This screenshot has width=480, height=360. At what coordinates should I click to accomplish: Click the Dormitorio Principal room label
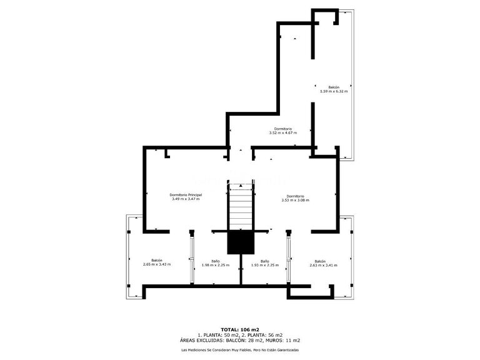186,195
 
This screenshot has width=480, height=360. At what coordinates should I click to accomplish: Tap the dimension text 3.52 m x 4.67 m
282,133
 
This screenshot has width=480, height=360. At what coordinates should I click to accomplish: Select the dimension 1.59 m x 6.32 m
333,91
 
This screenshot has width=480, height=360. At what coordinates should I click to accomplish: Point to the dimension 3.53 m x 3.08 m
295,200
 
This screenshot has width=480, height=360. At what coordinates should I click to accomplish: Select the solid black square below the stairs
239,242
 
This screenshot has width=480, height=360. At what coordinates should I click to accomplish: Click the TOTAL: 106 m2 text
239,329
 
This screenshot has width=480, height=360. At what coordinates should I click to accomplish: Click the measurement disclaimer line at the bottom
239,350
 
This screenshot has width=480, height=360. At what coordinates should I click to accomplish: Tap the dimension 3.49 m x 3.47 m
186,199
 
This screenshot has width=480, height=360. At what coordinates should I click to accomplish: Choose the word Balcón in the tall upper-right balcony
334,87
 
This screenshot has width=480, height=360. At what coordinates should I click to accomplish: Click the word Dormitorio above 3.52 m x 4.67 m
282,129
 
